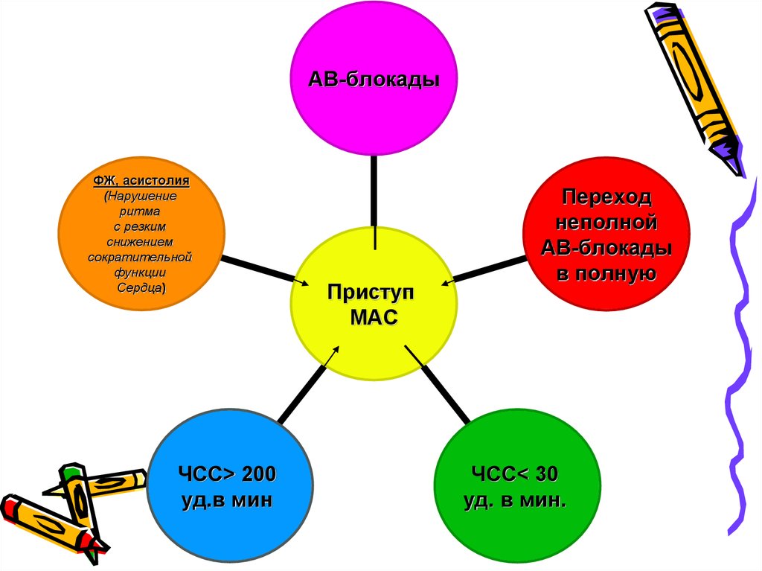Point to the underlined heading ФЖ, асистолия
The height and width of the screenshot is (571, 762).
[x=141, y=181]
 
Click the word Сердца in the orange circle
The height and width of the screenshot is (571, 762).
[x=141, y=287]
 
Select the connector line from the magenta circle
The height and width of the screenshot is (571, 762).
[x=374, y=194]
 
